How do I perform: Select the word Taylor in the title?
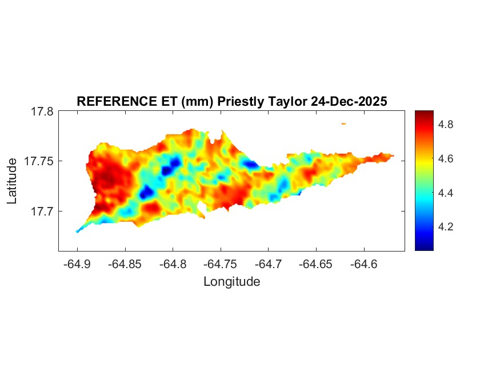click(286, 102)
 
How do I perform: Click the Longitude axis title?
click(231, 281)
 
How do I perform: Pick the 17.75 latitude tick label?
click(38, 162)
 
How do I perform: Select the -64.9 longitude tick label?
click(77, 264)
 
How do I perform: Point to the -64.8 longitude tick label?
click(173, 264)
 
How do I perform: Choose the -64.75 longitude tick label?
click(221, 264)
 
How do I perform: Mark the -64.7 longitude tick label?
click(269, 264)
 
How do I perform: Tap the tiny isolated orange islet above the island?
click(344, 123)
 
